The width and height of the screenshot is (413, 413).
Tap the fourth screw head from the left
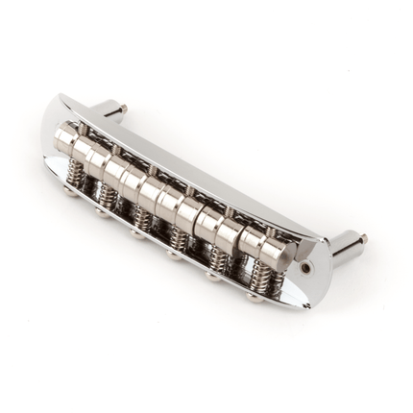[x=174, y=255]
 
